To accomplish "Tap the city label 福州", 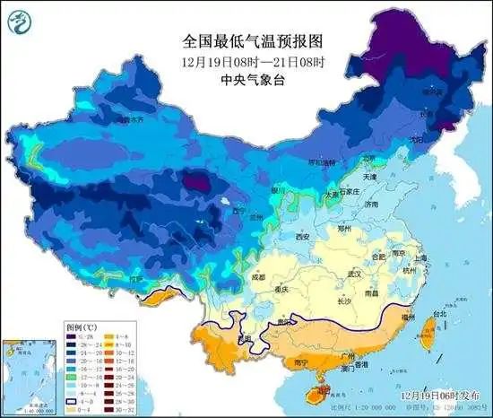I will tap(409, 317).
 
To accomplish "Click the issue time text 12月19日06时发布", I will tap(432, 394).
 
